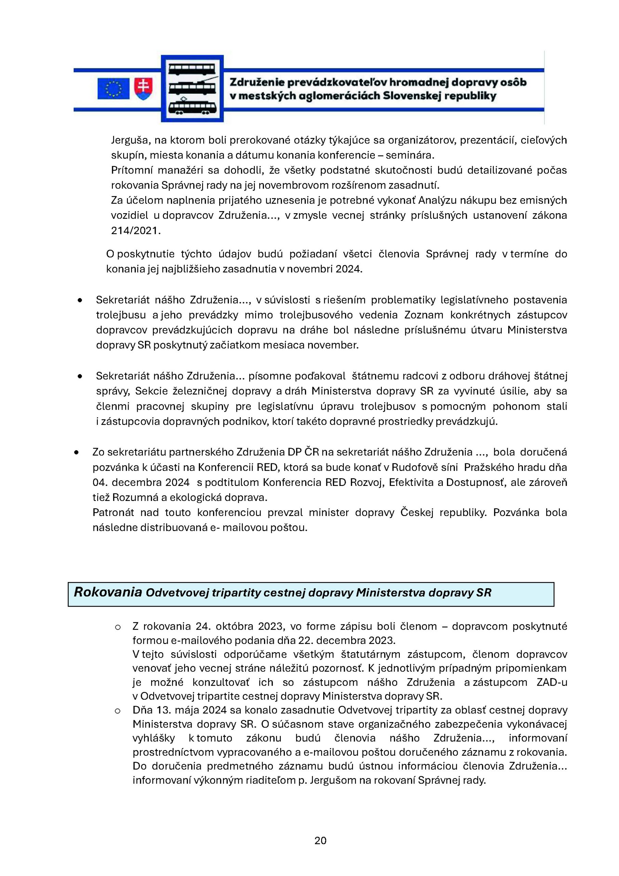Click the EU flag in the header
click(x=113, y=89)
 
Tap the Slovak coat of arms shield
click(x=143, y=89)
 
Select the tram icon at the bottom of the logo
click(x=192, y=107)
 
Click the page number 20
click(x=320, y=840)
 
